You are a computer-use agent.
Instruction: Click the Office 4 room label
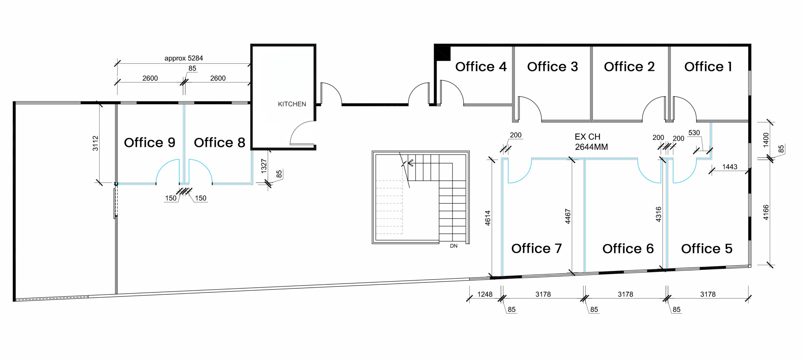click(481, 67)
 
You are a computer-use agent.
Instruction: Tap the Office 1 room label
click(708, 67)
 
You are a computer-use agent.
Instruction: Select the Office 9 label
click(149, 143)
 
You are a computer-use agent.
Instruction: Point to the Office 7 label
click(536, 249)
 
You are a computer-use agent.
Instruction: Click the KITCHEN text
click(292, 104)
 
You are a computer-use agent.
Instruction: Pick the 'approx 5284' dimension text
click(183, 58)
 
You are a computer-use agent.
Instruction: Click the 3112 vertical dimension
click(95, 143)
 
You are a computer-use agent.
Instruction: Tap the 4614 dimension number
click(487, 218)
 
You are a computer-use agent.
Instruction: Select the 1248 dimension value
click(485, 294)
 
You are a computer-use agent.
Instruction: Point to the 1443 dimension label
click(730, 167)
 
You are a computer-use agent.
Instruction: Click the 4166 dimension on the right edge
click(766, 212)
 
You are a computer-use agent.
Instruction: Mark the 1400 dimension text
click(766, 140)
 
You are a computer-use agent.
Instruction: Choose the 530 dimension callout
click(694, 133)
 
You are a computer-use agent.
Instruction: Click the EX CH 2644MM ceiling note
click(591, 142)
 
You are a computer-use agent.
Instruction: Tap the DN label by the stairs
click(454, 246)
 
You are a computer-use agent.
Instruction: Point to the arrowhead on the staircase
click(410, 163)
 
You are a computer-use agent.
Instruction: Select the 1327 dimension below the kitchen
click(264, 166)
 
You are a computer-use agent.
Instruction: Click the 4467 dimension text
click(567, 216)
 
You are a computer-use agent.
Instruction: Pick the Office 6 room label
click(628, 249)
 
